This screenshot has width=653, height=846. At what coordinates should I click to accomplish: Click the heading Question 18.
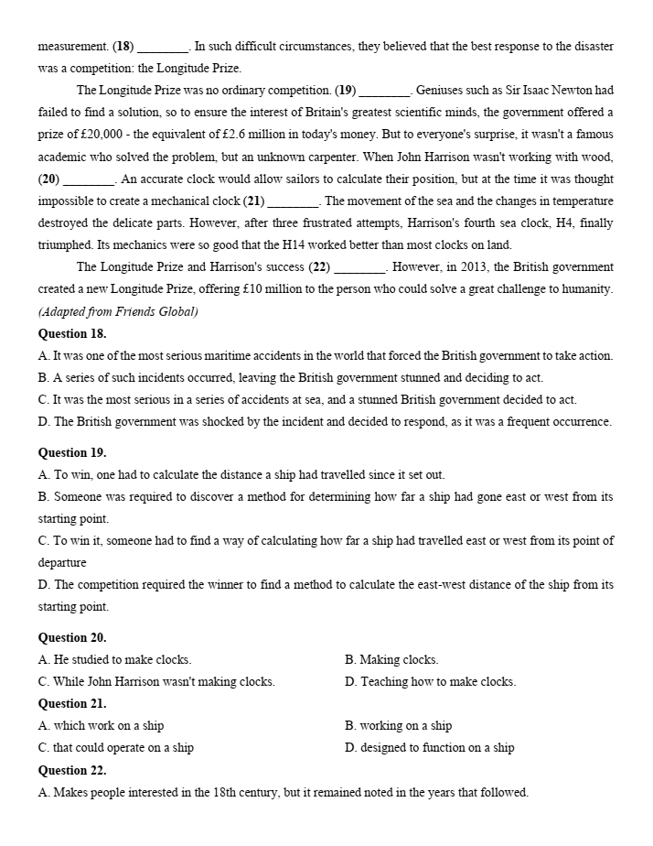point(72,334)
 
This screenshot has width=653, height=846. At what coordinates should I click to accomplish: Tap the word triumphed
point(65,245)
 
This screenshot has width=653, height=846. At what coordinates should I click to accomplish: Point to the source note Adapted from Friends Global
point(118,311)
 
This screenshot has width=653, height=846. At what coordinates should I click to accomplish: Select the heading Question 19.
point(72,453)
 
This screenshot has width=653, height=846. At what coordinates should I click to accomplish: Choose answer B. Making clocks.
point(391,660)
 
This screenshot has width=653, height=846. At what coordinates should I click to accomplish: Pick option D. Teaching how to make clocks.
point(430,682)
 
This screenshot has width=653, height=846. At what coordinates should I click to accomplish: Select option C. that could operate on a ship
point(116,748)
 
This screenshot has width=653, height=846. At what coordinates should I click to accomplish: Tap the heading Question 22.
point(72,770)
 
